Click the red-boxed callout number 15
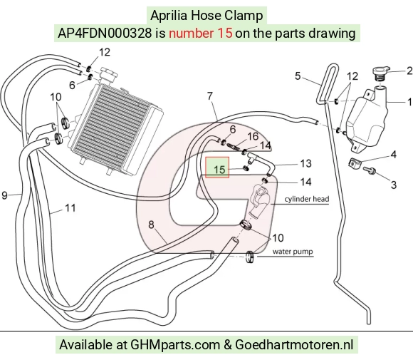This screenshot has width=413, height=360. tap(219, 170)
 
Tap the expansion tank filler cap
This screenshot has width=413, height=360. tap(381, 73)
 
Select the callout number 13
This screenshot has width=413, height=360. tap(305, 163)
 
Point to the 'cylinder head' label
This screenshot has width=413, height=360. tap(307, 199)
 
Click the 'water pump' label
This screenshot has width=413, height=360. tap(293, 252)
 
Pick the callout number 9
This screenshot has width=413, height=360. tap(5, 195)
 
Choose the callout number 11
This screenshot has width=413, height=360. tap(70, 208)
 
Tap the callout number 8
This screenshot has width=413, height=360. tap(151, 225)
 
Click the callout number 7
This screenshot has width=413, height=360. tap(209, 96)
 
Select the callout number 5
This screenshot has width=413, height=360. tap(298, 76)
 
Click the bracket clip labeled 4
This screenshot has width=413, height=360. tap(354, 163)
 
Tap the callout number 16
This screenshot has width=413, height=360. tap(253, 136)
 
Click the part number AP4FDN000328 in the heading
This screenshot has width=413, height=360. tap(105, 34)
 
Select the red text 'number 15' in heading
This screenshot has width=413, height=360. tap(200, 34)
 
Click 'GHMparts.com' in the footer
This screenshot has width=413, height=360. tap(175, 345)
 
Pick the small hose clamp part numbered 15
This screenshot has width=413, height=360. tap(246, 168)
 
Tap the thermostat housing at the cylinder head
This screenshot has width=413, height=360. tap(258, 201)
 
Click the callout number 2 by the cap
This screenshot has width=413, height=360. tap(409, 71)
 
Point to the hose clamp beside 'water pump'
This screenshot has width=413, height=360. tap(250, 257)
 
